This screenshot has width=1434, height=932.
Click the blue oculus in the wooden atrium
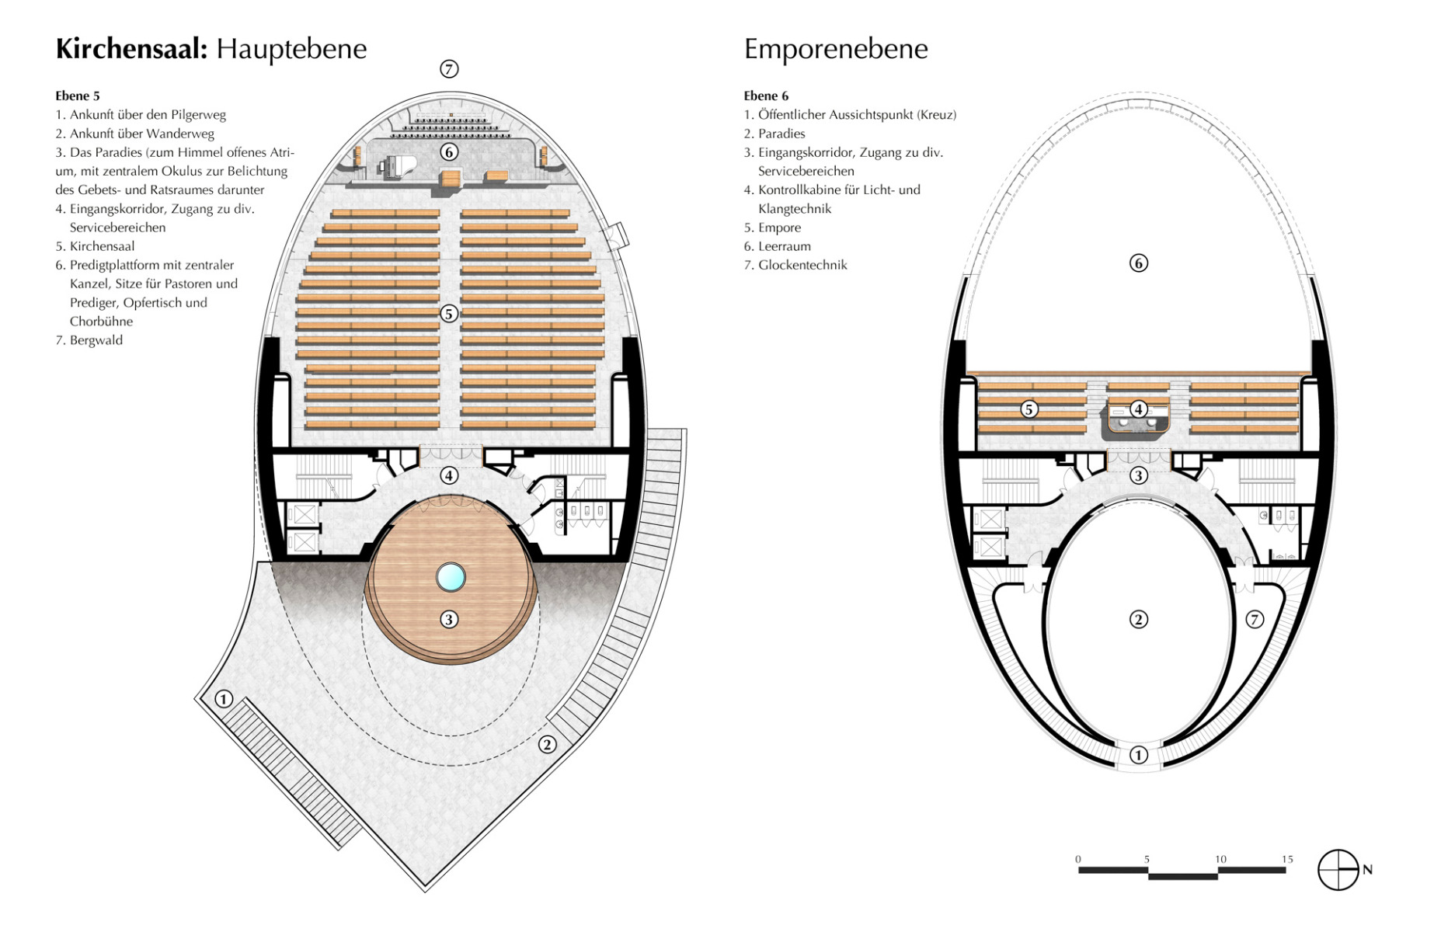coord(451,577)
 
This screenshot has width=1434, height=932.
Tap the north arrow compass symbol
coord(1338,870)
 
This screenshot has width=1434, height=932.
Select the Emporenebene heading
coord(836,49)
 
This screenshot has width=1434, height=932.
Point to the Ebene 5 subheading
coord(78,96)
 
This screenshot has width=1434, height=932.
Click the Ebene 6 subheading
coord(766,96)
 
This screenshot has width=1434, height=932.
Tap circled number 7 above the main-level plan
coord(449,69)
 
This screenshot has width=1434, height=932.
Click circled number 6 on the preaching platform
coord(449,152)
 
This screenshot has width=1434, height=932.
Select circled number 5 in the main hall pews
coord(449,314)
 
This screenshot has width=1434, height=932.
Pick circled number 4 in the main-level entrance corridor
coord(449,475)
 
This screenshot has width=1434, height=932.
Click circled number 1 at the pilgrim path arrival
coord(224,699)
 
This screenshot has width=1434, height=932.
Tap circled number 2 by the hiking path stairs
coord(548,744)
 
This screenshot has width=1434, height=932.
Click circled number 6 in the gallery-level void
coord(1139,263)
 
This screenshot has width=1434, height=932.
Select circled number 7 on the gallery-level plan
coord(1255,619)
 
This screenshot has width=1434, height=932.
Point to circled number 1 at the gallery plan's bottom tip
coord(1139,755)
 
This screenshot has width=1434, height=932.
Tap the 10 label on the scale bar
coord(1220,859)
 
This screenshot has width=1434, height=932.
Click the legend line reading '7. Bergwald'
coord(89,340)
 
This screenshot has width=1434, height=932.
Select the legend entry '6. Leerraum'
coord(778,246)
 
